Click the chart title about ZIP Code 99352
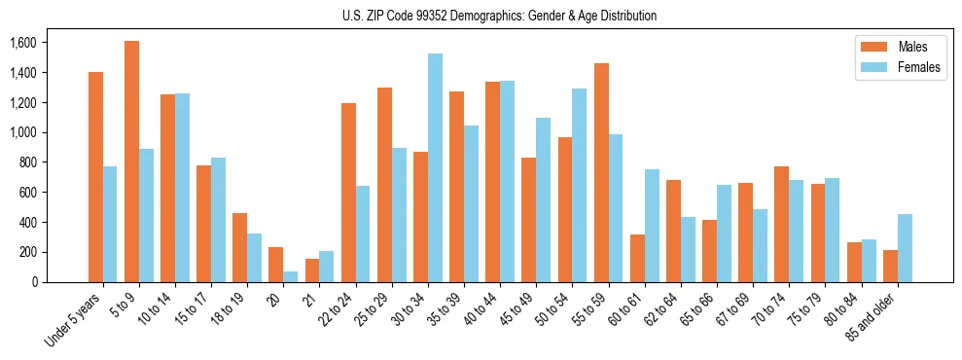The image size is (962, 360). [x=499, y=16]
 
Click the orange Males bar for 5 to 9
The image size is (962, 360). [x=131, y=162]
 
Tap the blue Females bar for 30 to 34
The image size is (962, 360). [x=435, y=167]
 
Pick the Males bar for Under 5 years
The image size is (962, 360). [x=95, y=177]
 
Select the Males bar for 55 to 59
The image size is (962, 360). [x=601, y=172]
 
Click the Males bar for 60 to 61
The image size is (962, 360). [x=637, y=258]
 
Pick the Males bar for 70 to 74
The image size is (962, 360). [x=781, y=224]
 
